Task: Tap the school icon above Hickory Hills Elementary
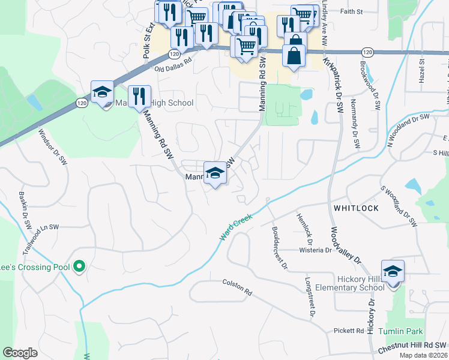pos(393,272)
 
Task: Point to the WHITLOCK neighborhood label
pos(354,208)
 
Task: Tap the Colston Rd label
pos(237,287)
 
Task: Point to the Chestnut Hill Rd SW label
pos(412,347)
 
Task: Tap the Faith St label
pos(351,11)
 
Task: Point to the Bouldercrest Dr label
pos(279,247)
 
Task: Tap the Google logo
pos(20,353)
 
